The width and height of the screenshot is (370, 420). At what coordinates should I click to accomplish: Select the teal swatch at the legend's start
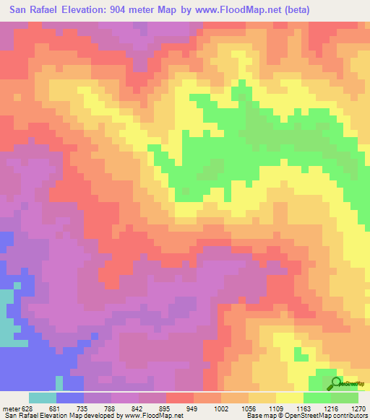click(43, 397)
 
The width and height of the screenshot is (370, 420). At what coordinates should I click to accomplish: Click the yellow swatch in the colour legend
click(289, 397)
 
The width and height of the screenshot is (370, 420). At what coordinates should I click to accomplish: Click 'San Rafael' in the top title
click(32, 9)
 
